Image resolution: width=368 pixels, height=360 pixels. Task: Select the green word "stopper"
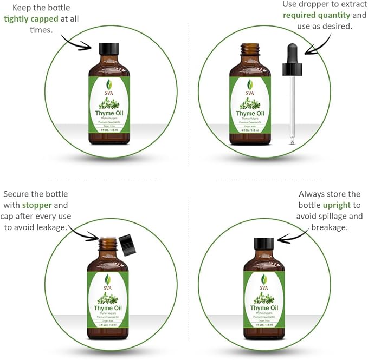pyautogui.click(x=37, y=206)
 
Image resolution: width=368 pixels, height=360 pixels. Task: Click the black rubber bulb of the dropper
pyautogui.click(x=291, y=54)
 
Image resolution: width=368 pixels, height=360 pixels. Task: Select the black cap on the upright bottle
pyautogui.click(x=264, y=244)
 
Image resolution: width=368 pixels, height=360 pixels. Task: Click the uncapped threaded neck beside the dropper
pyautogui.click(x=250, y=50)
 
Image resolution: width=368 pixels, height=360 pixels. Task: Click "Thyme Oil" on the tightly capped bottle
pyautogui.click(x=109, y=114)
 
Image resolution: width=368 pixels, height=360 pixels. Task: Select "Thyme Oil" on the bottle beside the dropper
pyautogui.click(x=250, y=114)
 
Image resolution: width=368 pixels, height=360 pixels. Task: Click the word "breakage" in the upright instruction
pyautogui.click(x=329, y=227)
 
